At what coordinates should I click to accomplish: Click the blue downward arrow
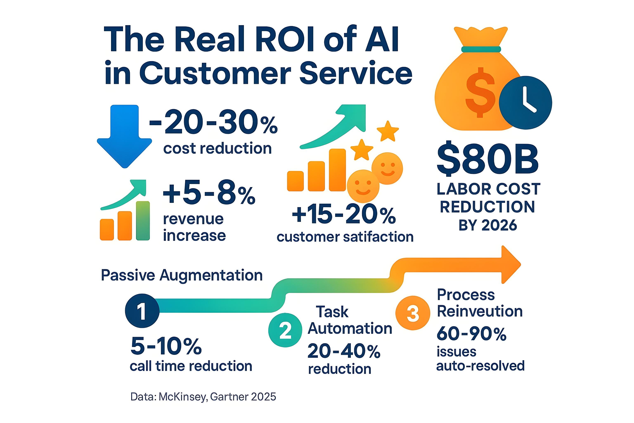(124, 135)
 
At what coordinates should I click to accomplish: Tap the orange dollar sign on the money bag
(480, 93)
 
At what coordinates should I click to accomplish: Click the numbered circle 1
(142, 311)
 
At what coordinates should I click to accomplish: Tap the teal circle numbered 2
(285, 330)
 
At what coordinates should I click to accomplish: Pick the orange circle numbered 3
(413, 313)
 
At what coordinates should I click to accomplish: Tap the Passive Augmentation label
(182, 276)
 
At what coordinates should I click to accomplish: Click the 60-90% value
(471, 334)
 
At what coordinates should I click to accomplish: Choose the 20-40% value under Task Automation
(344, 351)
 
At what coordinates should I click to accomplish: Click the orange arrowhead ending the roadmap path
(510, 265)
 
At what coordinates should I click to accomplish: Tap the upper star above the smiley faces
(388, 131)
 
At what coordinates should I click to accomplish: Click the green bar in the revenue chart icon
(143, 221)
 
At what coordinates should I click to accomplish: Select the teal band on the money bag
(481, 49)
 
